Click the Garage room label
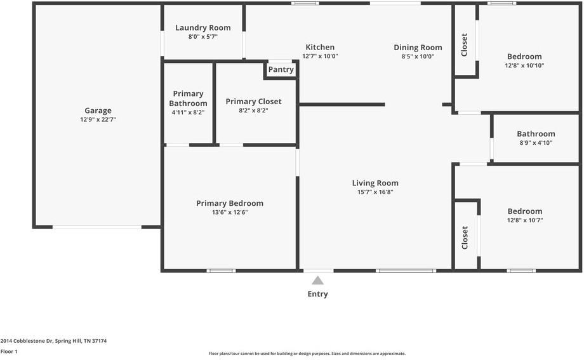click(x=98, y=110)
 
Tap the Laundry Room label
click(x=203, y=27)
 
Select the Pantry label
click(x=281, y=69)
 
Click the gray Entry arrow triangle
click(x=317, y=280)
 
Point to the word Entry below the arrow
click(x=317, y=294)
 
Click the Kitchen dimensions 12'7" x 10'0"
click(x=320, y=57)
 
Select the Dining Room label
click(x=418, y=48)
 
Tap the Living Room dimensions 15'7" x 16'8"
click(x=375, y=192)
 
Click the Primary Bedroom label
click(x=230, y=203)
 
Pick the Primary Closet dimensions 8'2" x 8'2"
click(x=254, y=110)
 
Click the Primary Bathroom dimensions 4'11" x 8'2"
click(x=188, y=112)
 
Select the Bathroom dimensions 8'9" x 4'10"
click(x=536, y=143)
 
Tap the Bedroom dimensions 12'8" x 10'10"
click(x=524, y=65)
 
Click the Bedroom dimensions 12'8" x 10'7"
click(x=525, y=220)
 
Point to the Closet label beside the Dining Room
click(x=464, y=44)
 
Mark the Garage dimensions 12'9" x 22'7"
click(x=98, y=119)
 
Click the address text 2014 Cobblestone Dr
click(x=27, y=340)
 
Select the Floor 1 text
click(x=9, y=352)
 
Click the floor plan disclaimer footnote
click(x=307, y=354)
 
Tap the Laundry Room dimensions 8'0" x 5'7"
click(x=203, y=37)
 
